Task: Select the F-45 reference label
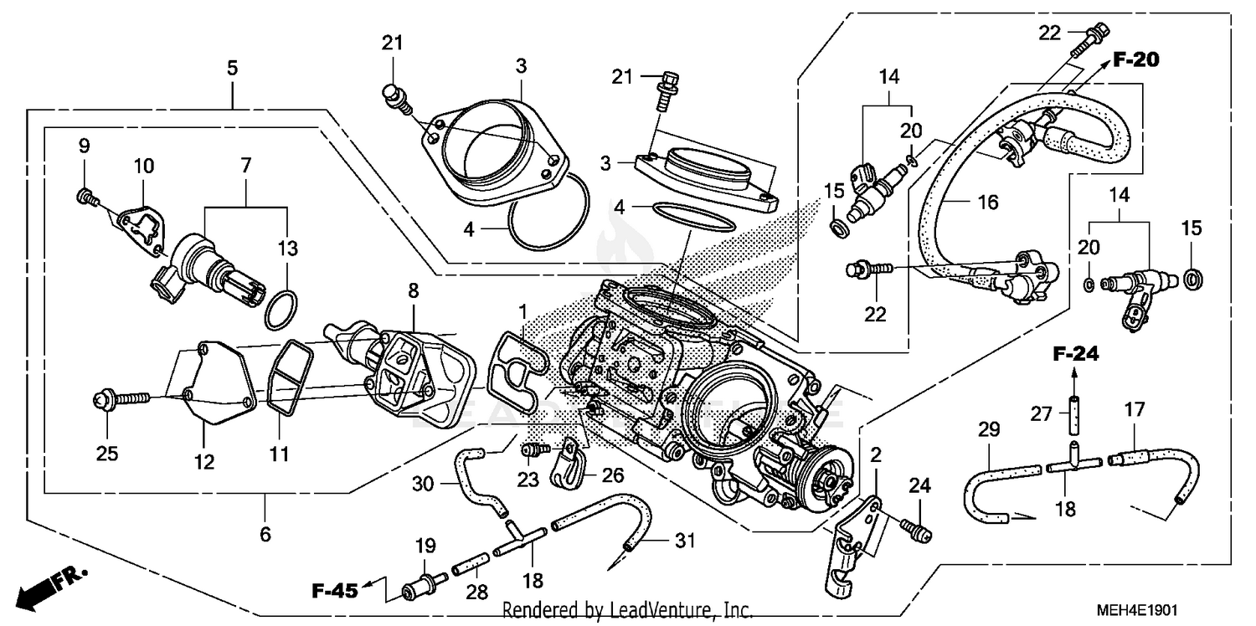click(335, 592)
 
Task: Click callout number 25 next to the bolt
click(106, 454)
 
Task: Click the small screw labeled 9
click(84, 196)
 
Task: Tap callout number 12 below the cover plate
click(205, 461)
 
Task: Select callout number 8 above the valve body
click(413, 290)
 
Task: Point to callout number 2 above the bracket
click(876, 456)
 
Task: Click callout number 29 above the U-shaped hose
click(989, 431)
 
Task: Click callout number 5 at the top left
click(233, 68)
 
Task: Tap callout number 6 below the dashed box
click(265, 533)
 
